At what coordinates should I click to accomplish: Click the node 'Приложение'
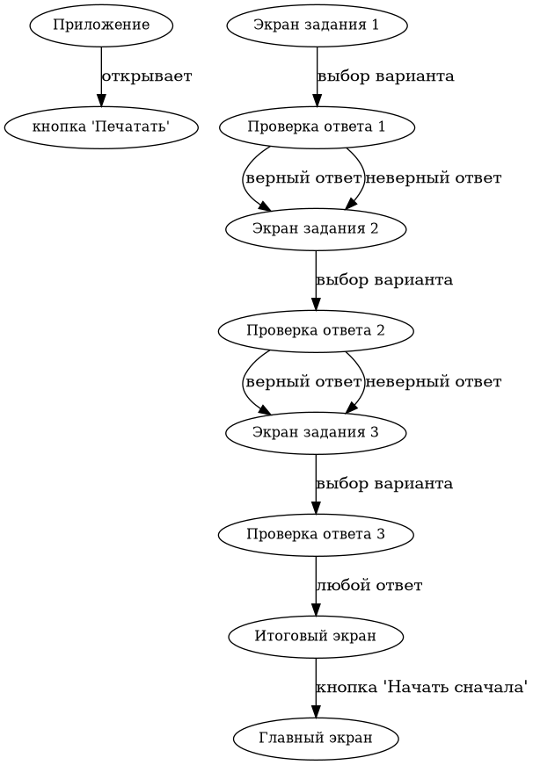pos(100,25)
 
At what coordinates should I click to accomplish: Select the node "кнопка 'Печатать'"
pos(100,127)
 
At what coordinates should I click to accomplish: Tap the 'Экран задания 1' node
pos(316,25)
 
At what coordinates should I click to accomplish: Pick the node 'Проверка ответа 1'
pos(316,127)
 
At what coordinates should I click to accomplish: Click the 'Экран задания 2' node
pos(316,229)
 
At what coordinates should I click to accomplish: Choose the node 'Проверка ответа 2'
pos(316,331)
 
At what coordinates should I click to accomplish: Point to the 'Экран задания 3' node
pos(316,432)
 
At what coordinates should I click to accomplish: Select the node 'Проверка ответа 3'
pos(316,534)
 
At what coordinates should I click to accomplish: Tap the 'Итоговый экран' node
pos(316,636)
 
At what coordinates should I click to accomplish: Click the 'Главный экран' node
pos(316,738)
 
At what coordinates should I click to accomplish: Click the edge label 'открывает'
pos(147,76)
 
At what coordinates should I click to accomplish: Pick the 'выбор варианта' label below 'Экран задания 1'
pos(385,76)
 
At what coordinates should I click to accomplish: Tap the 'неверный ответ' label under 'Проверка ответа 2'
pos(434,382)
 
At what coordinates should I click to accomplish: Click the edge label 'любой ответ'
pos(369,586)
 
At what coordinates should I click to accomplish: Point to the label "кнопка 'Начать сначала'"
pos(421,688)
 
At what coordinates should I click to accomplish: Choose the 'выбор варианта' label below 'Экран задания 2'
pos(385,281)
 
